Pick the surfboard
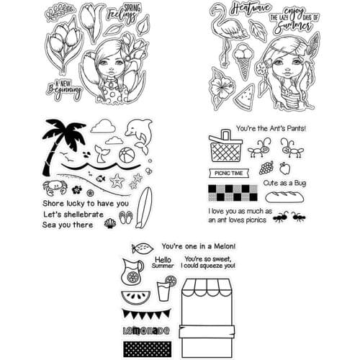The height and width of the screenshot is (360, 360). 144,208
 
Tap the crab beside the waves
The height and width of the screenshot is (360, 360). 53,189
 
